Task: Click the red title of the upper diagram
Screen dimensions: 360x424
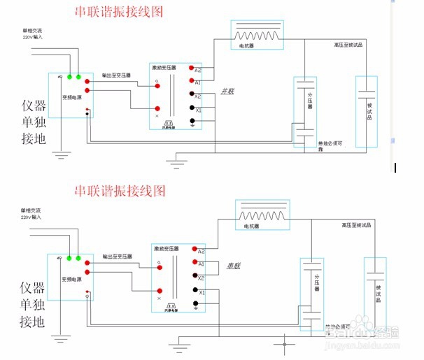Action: (120, 12)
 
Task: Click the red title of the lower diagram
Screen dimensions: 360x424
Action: (120, 190)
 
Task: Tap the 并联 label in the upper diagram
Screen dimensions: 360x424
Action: (227, 91)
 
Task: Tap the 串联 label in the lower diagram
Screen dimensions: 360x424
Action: (233, 266)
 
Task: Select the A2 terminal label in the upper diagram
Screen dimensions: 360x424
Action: (198, 70)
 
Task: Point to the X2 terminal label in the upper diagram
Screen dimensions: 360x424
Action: (198, 96)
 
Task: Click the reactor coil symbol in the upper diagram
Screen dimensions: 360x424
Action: (260, 34)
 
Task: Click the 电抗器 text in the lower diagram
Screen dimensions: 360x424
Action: (251, 226)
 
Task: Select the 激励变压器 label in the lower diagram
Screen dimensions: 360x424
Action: (166, 248)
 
